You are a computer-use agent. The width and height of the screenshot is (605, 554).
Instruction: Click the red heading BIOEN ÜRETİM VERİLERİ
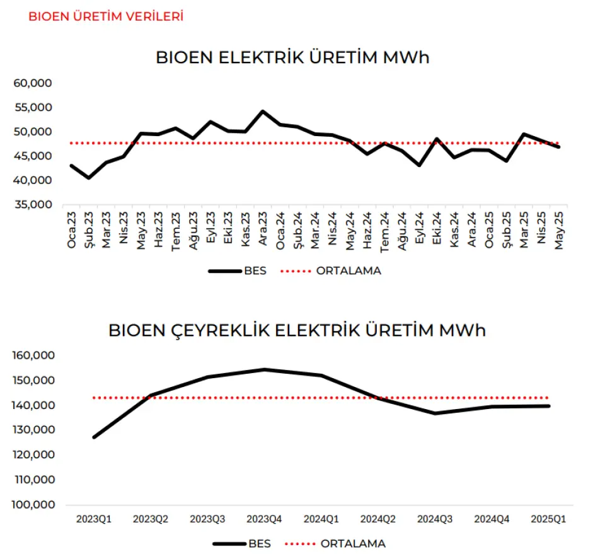click(x=106, y=16)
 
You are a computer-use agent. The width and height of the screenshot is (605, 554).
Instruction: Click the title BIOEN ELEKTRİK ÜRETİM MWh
click(x=292, y=57)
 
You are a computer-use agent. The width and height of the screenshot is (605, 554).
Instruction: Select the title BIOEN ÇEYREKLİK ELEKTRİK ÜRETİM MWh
click(x=297, y=330)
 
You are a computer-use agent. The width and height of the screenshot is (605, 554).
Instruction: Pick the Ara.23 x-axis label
click(x=263, y=229)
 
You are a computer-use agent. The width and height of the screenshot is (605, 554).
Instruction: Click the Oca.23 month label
click(x=72, y=229)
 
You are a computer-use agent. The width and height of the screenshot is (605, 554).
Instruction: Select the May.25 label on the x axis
click(x=558, y=229)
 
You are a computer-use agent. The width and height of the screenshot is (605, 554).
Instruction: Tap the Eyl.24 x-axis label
click(x=419, y=229)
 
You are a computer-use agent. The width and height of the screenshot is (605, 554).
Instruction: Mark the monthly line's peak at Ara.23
click(x=263, y=112)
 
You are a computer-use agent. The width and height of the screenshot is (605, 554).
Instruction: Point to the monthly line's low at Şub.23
click(x=89, y=178)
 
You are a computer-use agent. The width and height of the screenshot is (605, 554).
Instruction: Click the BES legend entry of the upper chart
click(x=238, y=270)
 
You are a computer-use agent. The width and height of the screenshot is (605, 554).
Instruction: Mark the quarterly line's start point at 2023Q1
click(x=94, y=437)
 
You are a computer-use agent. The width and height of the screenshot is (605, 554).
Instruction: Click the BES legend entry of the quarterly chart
click(x=243, y=543)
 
